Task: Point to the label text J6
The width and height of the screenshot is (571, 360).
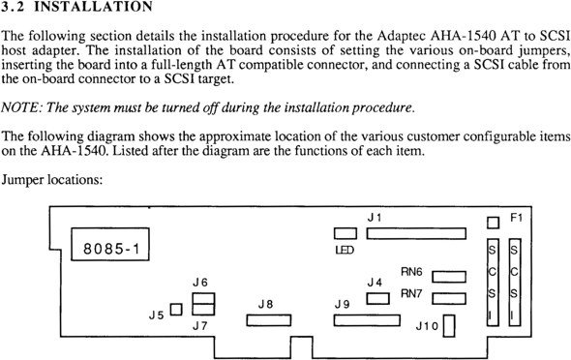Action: click(200, 283)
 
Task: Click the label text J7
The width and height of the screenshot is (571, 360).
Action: click(200, 326)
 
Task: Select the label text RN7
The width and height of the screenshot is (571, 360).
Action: click(411, 293)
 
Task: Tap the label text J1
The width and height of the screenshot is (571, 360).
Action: click(375, 218)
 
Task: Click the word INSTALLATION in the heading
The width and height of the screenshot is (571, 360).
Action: click(93, 7)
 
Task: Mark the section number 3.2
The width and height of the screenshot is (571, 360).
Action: click(13, 7)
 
